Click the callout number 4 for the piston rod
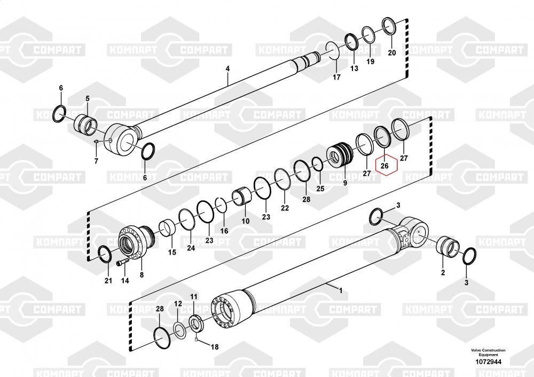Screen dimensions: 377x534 (227, 69)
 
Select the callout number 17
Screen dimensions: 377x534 (336, 77)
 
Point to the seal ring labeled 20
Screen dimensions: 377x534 (390, 26)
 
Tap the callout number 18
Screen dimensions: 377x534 (215, 347)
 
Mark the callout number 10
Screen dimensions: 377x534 (246, 221)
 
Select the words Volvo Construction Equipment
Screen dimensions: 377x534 (488, 352)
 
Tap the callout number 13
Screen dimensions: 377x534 (354, 69)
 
